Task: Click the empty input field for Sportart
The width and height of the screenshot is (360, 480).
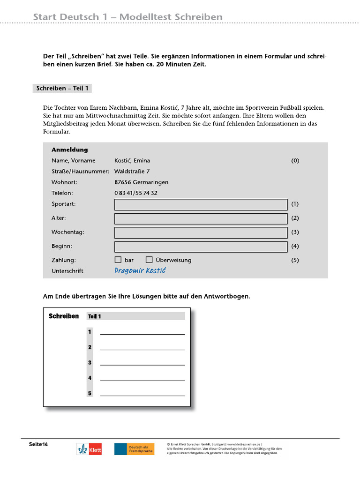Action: coord(201,204)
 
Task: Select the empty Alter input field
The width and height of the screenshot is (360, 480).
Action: coord(201,218)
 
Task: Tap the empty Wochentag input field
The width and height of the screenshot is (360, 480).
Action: coord(201,232)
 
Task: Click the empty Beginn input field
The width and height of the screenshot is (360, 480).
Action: coord(201,247)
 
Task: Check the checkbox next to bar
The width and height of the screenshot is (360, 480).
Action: coord(118,260)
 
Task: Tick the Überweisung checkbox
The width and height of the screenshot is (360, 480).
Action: coord(149,260)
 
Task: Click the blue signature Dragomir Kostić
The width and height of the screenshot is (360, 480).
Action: coord(140,271)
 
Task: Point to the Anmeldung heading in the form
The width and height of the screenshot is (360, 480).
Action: coord(69,150)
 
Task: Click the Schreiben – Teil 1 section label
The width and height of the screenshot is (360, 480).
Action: coord(62,88)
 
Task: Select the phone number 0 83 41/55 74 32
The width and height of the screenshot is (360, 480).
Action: coord(136,193)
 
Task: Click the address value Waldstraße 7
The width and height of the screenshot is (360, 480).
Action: coord(132,171)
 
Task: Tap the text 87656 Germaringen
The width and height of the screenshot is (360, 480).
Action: coord(141,182)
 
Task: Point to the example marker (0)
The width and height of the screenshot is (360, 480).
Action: coord(295,160)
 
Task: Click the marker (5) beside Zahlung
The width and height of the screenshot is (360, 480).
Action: coord(295,260)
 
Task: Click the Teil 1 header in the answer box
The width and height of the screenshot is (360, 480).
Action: coord(94,316)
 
